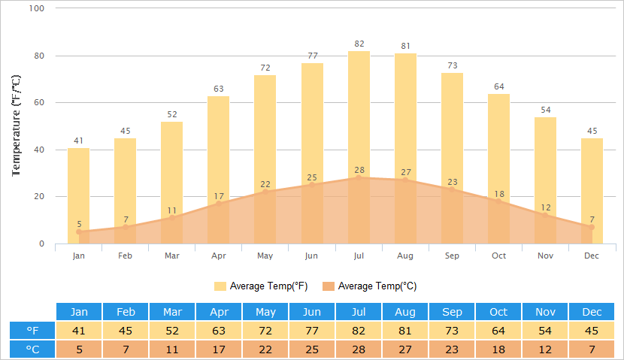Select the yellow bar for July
coord(359,113)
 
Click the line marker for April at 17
coord(219,204)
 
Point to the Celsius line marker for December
coord(592,227)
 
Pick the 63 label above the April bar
coord(219,89)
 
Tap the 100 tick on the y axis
coord(37,8)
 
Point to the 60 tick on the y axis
coord(39,102)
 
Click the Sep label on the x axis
coord(452,256)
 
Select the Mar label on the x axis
coord(172,256)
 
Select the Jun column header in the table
coord(312,312)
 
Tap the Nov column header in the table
coord(545,312)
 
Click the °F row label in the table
coord(33,331)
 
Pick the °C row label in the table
coord(33,349)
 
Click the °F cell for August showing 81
coord(405,331)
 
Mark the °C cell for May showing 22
coord(265,349)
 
